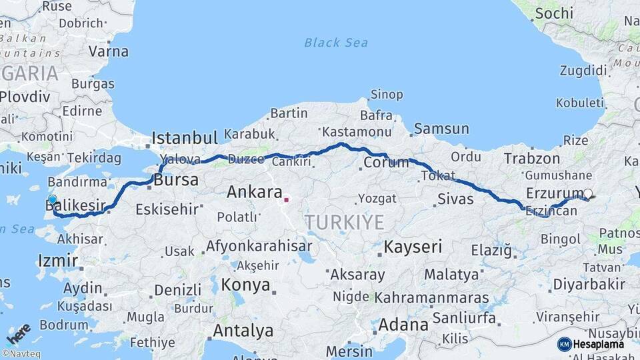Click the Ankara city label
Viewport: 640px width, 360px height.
pos(255,192)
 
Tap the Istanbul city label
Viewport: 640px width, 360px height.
pos(185,138)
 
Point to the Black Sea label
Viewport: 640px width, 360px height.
pos(336,43)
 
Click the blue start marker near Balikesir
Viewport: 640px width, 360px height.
pos(53,199)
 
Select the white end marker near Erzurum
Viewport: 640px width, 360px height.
pos(587,194)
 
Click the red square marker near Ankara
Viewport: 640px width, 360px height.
pos(286,199)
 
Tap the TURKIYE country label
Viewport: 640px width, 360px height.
pos(345,222)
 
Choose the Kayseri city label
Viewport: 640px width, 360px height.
pos(413,247)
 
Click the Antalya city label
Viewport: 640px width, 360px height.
pos(243,330)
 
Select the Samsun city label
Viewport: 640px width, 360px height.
pos(441,129)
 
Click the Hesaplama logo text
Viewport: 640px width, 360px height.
pos(599,344)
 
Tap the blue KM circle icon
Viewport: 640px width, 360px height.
pos(565,344)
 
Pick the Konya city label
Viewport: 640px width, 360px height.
pos(245,285)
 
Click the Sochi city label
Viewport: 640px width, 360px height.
pos(553,13)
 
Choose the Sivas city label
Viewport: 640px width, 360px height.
pos(456,199)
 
